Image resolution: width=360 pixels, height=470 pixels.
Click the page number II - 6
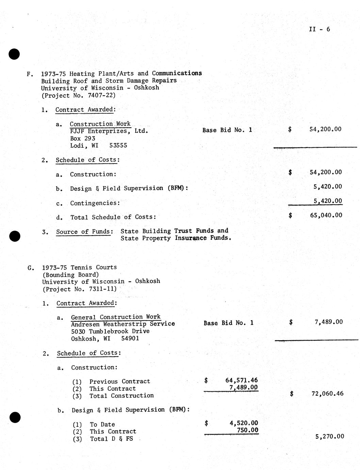[x=319, y=29]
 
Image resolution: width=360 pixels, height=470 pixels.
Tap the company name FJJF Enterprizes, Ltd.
[x=109, y=131]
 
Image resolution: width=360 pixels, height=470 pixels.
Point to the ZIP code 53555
[x=118, y=145]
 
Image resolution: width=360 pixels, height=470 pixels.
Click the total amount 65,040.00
[x=326, y=215]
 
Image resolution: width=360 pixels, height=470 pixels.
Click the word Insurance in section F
[x=191, y=238]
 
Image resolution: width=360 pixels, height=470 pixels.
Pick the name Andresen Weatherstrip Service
[x=123, y=324]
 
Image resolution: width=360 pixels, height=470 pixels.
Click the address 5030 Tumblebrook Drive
[x=110, y=331]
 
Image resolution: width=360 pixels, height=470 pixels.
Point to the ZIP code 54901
[x=130, y=339]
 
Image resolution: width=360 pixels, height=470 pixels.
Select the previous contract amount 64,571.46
[x=241, y=380]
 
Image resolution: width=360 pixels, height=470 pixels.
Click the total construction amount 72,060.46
[x=327, y=394]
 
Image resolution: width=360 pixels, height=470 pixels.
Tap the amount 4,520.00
[x=244, y=423]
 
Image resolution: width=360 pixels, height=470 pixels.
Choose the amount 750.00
[x=247, y=430]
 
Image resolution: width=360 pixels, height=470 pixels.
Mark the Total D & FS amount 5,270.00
[x=329, y=437]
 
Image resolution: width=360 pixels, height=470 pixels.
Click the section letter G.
[x=30, y=268]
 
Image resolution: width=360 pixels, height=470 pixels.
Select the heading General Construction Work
[x=116, y=317]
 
